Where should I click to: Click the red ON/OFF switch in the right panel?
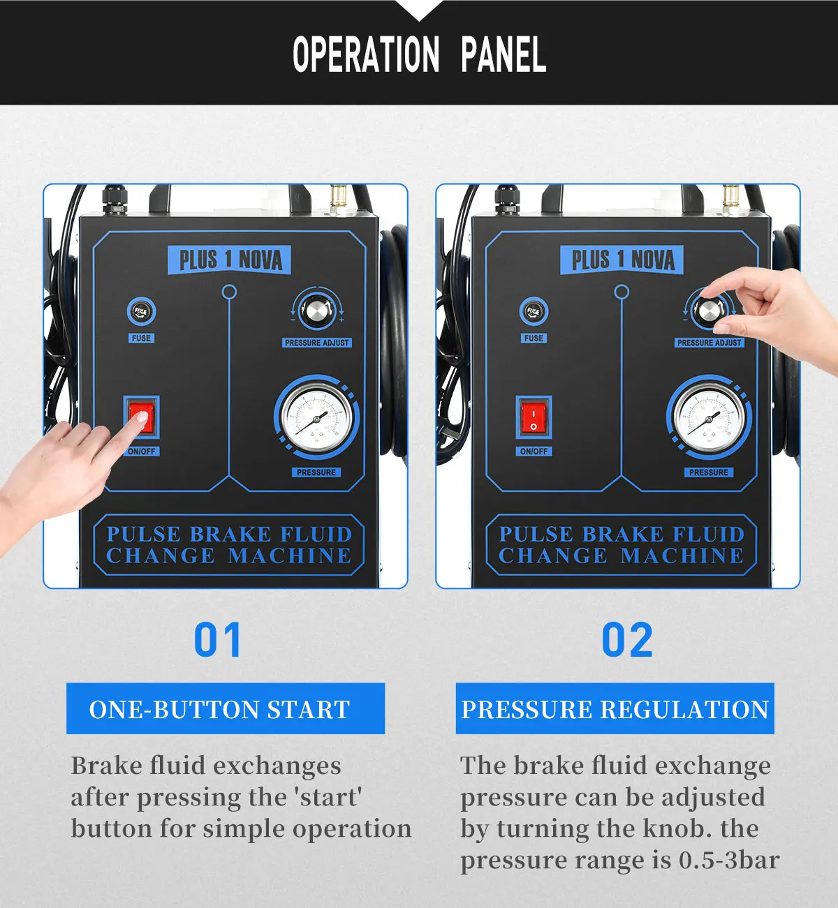(534, 417)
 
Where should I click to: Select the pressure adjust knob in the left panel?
(318, 311)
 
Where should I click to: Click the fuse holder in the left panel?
(141, 312)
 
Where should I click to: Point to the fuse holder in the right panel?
(534, 312)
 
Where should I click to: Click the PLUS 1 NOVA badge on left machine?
(230, 260)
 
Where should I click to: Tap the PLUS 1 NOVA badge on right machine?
(622, 260)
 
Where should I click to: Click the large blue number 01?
(217, 640)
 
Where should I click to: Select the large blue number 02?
(626, 640)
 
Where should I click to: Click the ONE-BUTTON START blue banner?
(225, 708)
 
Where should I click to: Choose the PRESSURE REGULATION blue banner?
(615, 708)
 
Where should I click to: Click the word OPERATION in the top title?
(366, 55)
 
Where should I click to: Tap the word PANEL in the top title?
(503, 55)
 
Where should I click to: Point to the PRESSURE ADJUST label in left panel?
(316, 343)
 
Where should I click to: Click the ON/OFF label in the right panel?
(534, 452)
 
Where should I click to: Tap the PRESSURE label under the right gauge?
(708, 472)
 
